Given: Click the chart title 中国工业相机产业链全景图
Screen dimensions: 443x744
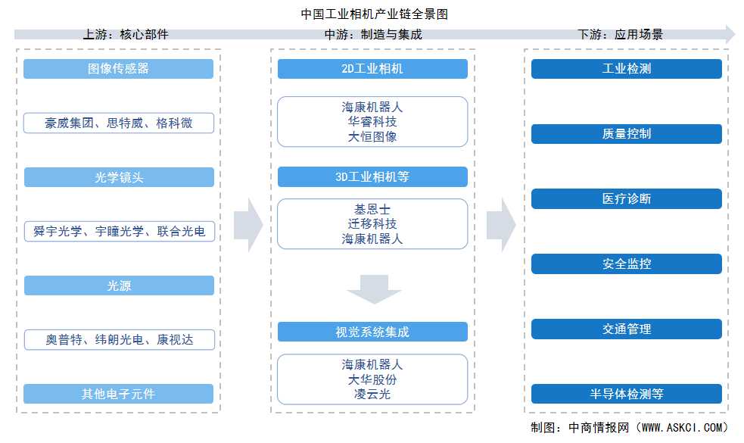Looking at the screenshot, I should tap(372, 14).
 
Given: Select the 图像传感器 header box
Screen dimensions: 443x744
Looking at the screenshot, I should tap(119, 69).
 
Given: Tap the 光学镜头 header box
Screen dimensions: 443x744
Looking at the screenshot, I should tap(119, 177).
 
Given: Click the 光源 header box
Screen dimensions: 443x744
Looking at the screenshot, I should tap(119, 285).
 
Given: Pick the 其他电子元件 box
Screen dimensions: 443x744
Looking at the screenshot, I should tap(119, 394).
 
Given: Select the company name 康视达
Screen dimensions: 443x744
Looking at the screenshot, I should tap(175, 340).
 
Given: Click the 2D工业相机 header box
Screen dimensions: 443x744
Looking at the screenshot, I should tap(372, 69).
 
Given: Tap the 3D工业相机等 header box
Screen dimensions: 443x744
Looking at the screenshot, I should tap(372, 177).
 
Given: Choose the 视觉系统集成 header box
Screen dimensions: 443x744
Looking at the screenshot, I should tap(372, 332).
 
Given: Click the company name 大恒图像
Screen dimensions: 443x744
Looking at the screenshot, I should tap(372, 136).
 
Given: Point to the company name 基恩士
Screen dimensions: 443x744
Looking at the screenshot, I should tap(372, 209).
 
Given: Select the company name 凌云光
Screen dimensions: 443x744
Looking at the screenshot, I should tap(372, 394).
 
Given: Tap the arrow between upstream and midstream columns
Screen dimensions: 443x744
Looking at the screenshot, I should tap(247, 225).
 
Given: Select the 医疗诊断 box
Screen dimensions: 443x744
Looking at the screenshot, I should tap(626, 199).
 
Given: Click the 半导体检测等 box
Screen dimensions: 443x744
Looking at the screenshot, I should tap(626, 394).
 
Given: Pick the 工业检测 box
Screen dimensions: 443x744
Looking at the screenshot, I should tap(626, 69).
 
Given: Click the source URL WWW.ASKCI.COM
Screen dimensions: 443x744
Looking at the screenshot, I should tap(684, 428).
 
